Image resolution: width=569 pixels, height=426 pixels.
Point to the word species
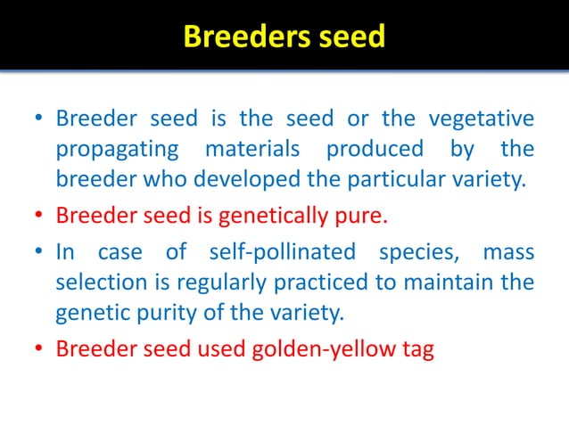[x=416, y=251]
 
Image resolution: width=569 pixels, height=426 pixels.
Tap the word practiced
[x=316, y=283]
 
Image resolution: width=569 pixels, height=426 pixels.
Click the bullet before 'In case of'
[x=38, y=251]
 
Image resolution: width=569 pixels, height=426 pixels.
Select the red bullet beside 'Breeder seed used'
[x=38, y=348]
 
